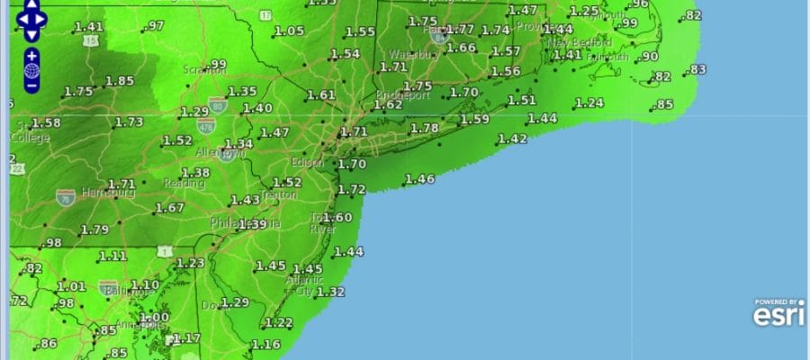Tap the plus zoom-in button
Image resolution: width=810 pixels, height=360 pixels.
[x=31, y=56]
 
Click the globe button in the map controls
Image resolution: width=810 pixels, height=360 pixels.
[x=31, y=70]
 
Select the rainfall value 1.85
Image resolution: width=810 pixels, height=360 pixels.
[x=120, y=81]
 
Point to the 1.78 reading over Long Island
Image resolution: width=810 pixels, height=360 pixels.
[x=424, y=129]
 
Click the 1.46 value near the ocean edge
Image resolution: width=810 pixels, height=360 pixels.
[x=419, y=179]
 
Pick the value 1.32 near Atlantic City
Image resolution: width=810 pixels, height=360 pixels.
[x=331, y=292]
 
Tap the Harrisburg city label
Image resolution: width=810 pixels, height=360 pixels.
[x=108, y=193]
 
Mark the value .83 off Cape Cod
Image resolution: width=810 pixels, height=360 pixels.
[x=697, y=70]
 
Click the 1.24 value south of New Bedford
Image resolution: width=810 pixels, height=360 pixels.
[x=589, y=103]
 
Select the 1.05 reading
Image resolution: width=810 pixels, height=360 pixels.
[x=289, y=31]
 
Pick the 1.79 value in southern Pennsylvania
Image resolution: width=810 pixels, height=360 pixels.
[x=94, y=230]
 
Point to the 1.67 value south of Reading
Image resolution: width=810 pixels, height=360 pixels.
[x=169, y=208]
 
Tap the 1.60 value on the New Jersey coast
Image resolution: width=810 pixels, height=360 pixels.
[x=337, y=218]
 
